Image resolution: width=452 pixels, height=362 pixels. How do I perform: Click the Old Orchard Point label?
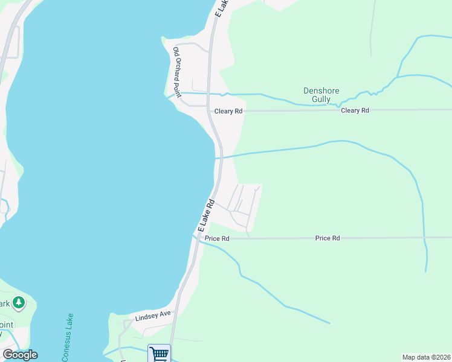178,72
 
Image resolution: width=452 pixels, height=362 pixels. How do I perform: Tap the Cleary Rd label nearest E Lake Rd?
228,112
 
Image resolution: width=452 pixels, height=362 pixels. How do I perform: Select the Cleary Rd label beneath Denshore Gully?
355,110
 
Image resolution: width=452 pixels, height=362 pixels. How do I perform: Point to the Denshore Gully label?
321,95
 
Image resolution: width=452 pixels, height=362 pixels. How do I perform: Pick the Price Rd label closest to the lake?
217,238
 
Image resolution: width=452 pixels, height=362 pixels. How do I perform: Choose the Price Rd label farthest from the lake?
328,238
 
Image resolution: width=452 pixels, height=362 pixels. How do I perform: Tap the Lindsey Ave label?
153,314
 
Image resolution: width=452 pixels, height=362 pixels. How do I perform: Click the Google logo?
19,355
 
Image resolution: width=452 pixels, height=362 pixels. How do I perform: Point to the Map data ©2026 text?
426,357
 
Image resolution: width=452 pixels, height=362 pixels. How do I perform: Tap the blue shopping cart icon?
158,354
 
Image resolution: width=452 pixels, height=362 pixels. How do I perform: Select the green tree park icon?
19,302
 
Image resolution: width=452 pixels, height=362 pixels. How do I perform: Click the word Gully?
321,99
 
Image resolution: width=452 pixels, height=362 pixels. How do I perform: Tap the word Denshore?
321,91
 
